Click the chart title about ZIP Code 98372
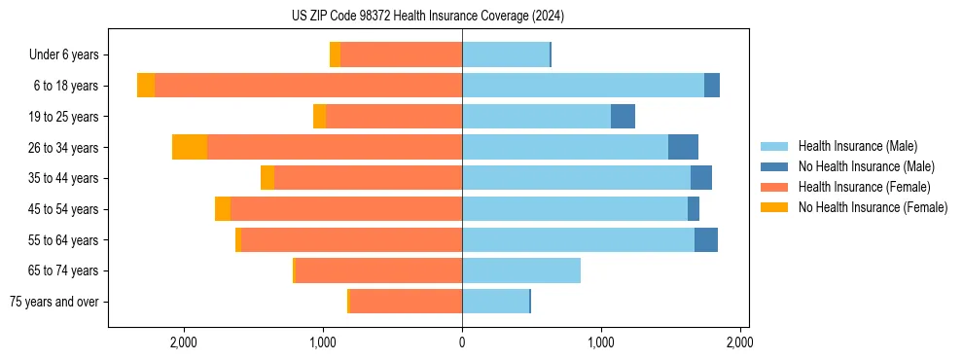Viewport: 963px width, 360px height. coord(427,16)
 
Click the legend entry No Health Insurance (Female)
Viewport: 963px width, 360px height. coord(873,207)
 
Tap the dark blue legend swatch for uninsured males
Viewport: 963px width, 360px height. coord(776,166)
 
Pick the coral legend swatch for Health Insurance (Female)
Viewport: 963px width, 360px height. coord(776,187)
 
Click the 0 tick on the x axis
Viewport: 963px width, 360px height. coord(462,342)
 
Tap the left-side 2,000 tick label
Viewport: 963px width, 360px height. coord(184,342)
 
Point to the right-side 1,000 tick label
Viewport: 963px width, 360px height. coord(600,342)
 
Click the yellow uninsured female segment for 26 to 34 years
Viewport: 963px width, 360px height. coord(190,147)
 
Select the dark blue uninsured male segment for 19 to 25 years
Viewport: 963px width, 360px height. coord(623,117)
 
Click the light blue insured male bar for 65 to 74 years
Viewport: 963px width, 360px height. coord(521,270)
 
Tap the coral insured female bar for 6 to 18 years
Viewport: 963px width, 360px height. coord(308,86)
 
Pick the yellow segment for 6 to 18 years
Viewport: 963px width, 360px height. coord(146,86)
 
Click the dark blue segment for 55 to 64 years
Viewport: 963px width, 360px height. coord(706,239)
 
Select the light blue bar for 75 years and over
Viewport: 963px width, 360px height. coord(495,302)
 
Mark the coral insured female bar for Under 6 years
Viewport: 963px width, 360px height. coord(401,55)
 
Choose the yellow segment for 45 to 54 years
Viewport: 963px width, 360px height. coord(223,209)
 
